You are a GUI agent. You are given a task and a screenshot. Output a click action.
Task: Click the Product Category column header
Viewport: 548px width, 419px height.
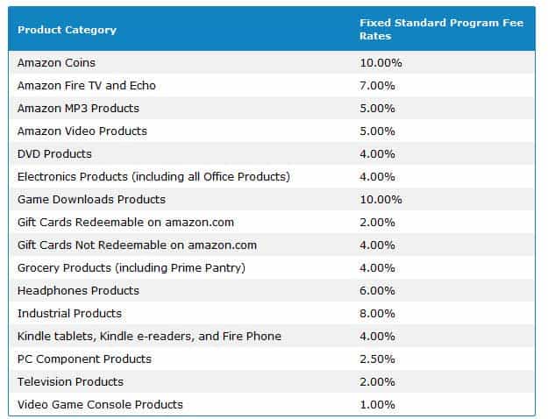pos(67,30)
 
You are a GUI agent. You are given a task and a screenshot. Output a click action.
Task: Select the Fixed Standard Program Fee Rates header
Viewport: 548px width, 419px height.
pos(441,29)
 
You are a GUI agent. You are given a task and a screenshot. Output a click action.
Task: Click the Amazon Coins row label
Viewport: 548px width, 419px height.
pos(56,63)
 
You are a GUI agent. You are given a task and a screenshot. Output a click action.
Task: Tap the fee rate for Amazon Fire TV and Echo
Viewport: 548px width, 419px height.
pos(377,86)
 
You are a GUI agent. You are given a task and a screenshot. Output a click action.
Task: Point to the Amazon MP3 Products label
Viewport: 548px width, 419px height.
pos(78,109)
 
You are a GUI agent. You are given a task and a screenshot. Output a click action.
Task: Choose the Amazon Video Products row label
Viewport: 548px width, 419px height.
pos(82,131)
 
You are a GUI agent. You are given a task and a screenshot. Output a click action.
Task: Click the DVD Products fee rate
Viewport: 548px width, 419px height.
pos(377,154)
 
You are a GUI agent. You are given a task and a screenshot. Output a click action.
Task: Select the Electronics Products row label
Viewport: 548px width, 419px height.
pos(153,177)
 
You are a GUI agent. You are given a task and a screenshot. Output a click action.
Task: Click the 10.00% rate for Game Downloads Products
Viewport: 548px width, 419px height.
pos(381,200)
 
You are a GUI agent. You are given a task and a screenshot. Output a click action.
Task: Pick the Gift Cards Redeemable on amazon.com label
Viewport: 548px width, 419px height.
pos(125,223)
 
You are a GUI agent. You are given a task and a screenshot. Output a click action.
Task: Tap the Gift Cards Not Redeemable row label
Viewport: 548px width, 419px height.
pos(137,245)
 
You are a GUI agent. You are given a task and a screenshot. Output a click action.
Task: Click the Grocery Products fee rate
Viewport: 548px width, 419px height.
pos(377,268)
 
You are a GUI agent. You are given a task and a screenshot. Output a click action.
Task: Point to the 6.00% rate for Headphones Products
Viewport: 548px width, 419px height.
pos(377,291)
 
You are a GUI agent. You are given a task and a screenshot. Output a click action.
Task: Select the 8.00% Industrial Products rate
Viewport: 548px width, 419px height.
pos(377,314)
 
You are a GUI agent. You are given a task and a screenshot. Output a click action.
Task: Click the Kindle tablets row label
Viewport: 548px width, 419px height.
pos(149,337)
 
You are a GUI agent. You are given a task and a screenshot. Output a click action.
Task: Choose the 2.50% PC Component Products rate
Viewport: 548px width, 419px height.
pos(377,359)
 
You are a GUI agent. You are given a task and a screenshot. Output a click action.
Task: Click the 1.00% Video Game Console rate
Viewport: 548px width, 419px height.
pos(377,405)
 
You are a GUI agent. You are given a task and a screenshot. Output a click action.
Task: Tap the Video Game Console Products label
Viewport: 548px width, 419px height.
pos(100,405)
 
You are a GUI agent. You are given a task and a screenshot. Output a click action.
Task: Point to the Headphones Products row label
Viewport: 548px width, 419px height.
pos(78,291)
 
